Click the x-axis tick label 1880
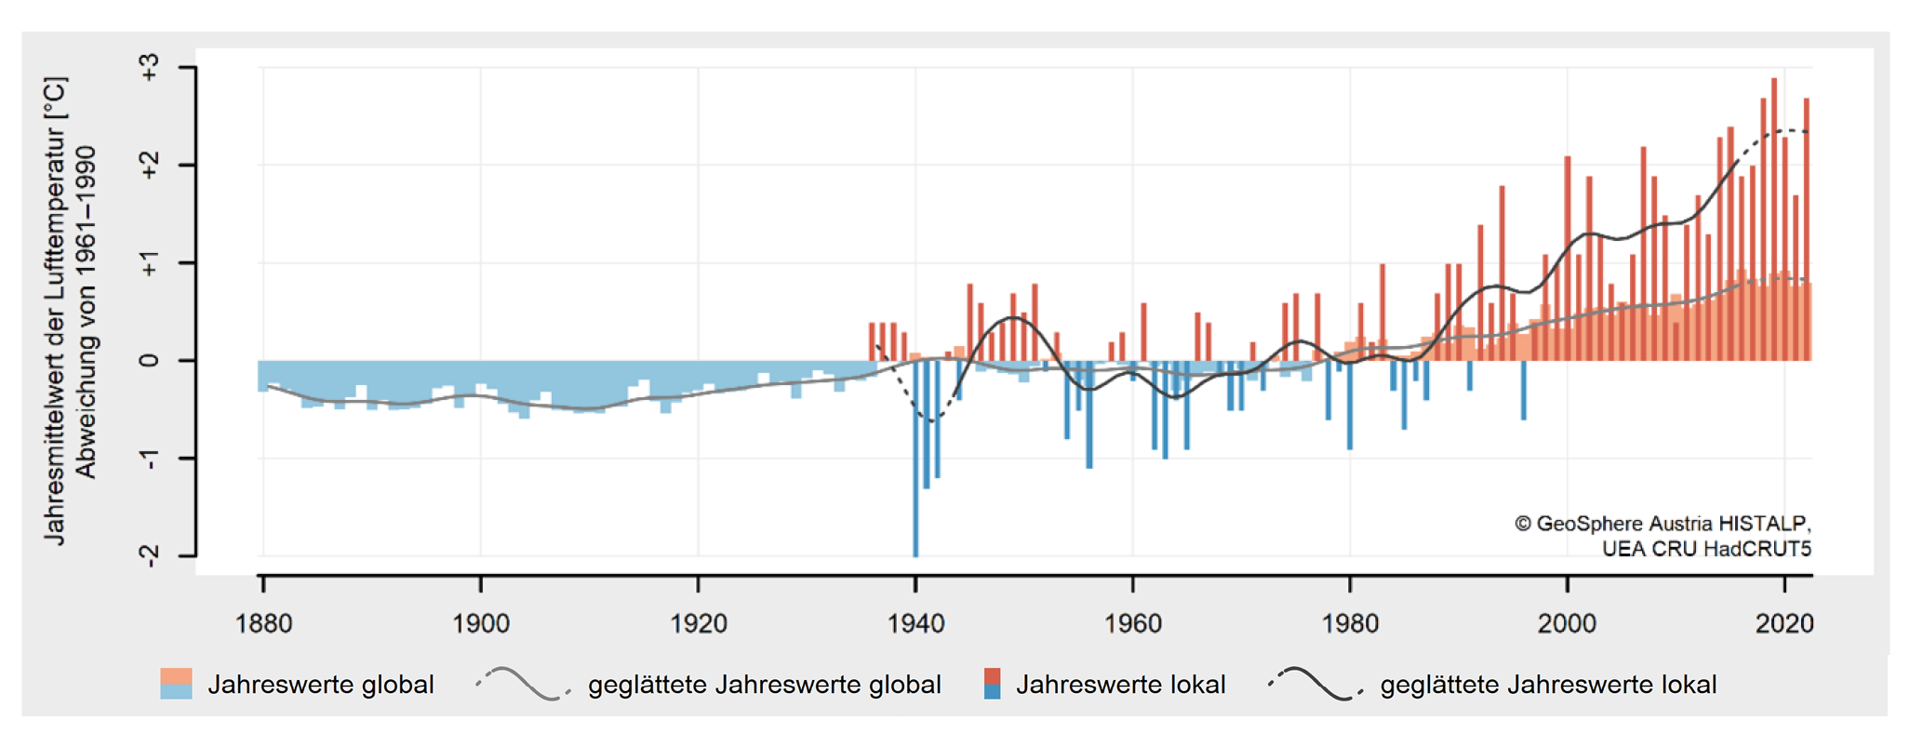tap(264, 623)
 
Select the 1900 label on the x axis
tap(481, 623)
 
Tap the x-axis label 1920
tap(699, 623)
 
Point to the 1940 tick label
tap(915, 623)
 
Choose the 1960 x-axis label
tap(1133, 623)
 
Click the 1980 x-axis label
tap(1350, 623)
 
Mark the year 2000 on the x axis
tap(1568, 623)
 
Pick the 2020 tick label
tap(1784, 623)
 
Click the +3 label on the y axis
tap(149, 68)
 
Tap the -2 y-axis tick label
tap(149, 555)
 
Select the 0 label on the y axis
tap(149, 361)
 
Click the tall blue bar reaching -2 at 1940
tap(916, 465)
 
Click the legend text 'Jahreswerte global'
tap(321, 686)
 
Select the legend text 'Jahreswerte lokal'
tap(1120, 686)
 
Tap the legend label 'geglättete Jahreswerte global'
tap(764, 686)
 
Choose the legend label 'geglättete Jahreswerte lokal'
tap(1548, 686)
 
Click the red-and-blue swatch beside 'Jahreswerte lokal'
tap(993, 684)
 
